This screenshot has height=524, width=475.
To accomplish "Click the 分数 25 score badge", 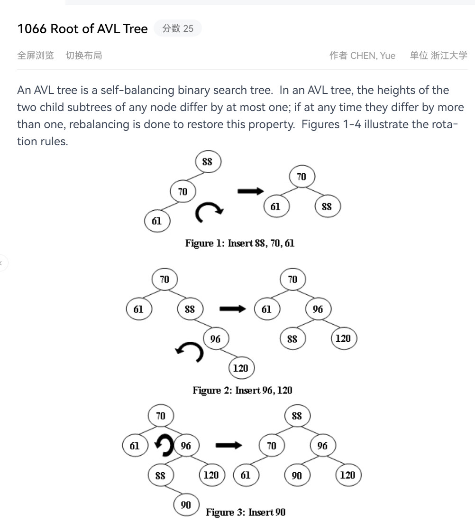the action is (x=178, y=28).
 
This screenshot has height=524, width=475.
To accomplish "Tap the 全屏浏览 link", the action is (x=36, y=56).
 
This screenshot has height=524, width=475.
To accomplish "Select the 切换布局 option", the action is (x=84, y=56).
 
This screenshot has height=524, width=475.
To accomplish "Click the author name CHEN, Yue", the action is (x=373, y=56).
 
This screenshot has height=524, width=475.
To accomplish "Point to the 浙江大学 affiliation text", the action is (x=449, y=56).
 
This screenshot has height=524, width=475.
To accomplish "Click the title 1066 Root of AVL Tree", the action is (x=82, y=29).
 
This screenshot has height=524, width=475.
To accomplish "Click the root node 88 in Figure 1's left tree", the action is (x=208, y=162).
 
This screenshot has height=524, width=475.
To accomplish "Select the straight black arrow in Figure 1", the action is (x=250, y=191).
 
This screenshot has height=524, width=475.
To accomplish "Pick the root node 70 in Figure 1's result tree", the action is (x=302, y=177).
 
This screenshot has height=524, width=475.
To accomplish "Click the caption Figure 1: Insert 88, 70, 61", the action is (x=240, y=243).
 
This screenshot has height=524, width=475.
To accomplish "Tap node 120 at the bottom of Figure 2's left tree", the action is (x=241, y=368).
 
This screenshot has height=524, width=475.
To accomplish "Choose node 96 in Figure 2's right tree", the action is (x=318, y=309).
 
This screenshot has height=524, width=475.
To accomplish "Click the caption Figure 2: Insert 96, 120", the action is (x=242, y=390).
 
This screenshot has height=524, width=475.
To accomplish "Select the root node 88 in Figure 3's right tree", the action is (x=297, y=416).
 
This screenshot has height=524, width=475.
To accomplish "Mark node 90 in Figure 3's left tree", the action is (x=187, y=505).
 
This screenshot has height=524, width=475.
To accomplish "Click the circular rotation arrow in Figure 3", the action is (x=164, y=446).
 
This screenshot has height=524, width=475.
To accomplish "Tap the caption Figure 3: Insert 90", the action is (x=246, y=512).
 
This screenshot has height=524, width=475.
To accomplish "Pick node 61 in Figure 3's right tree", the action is (x=246, y=475).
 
